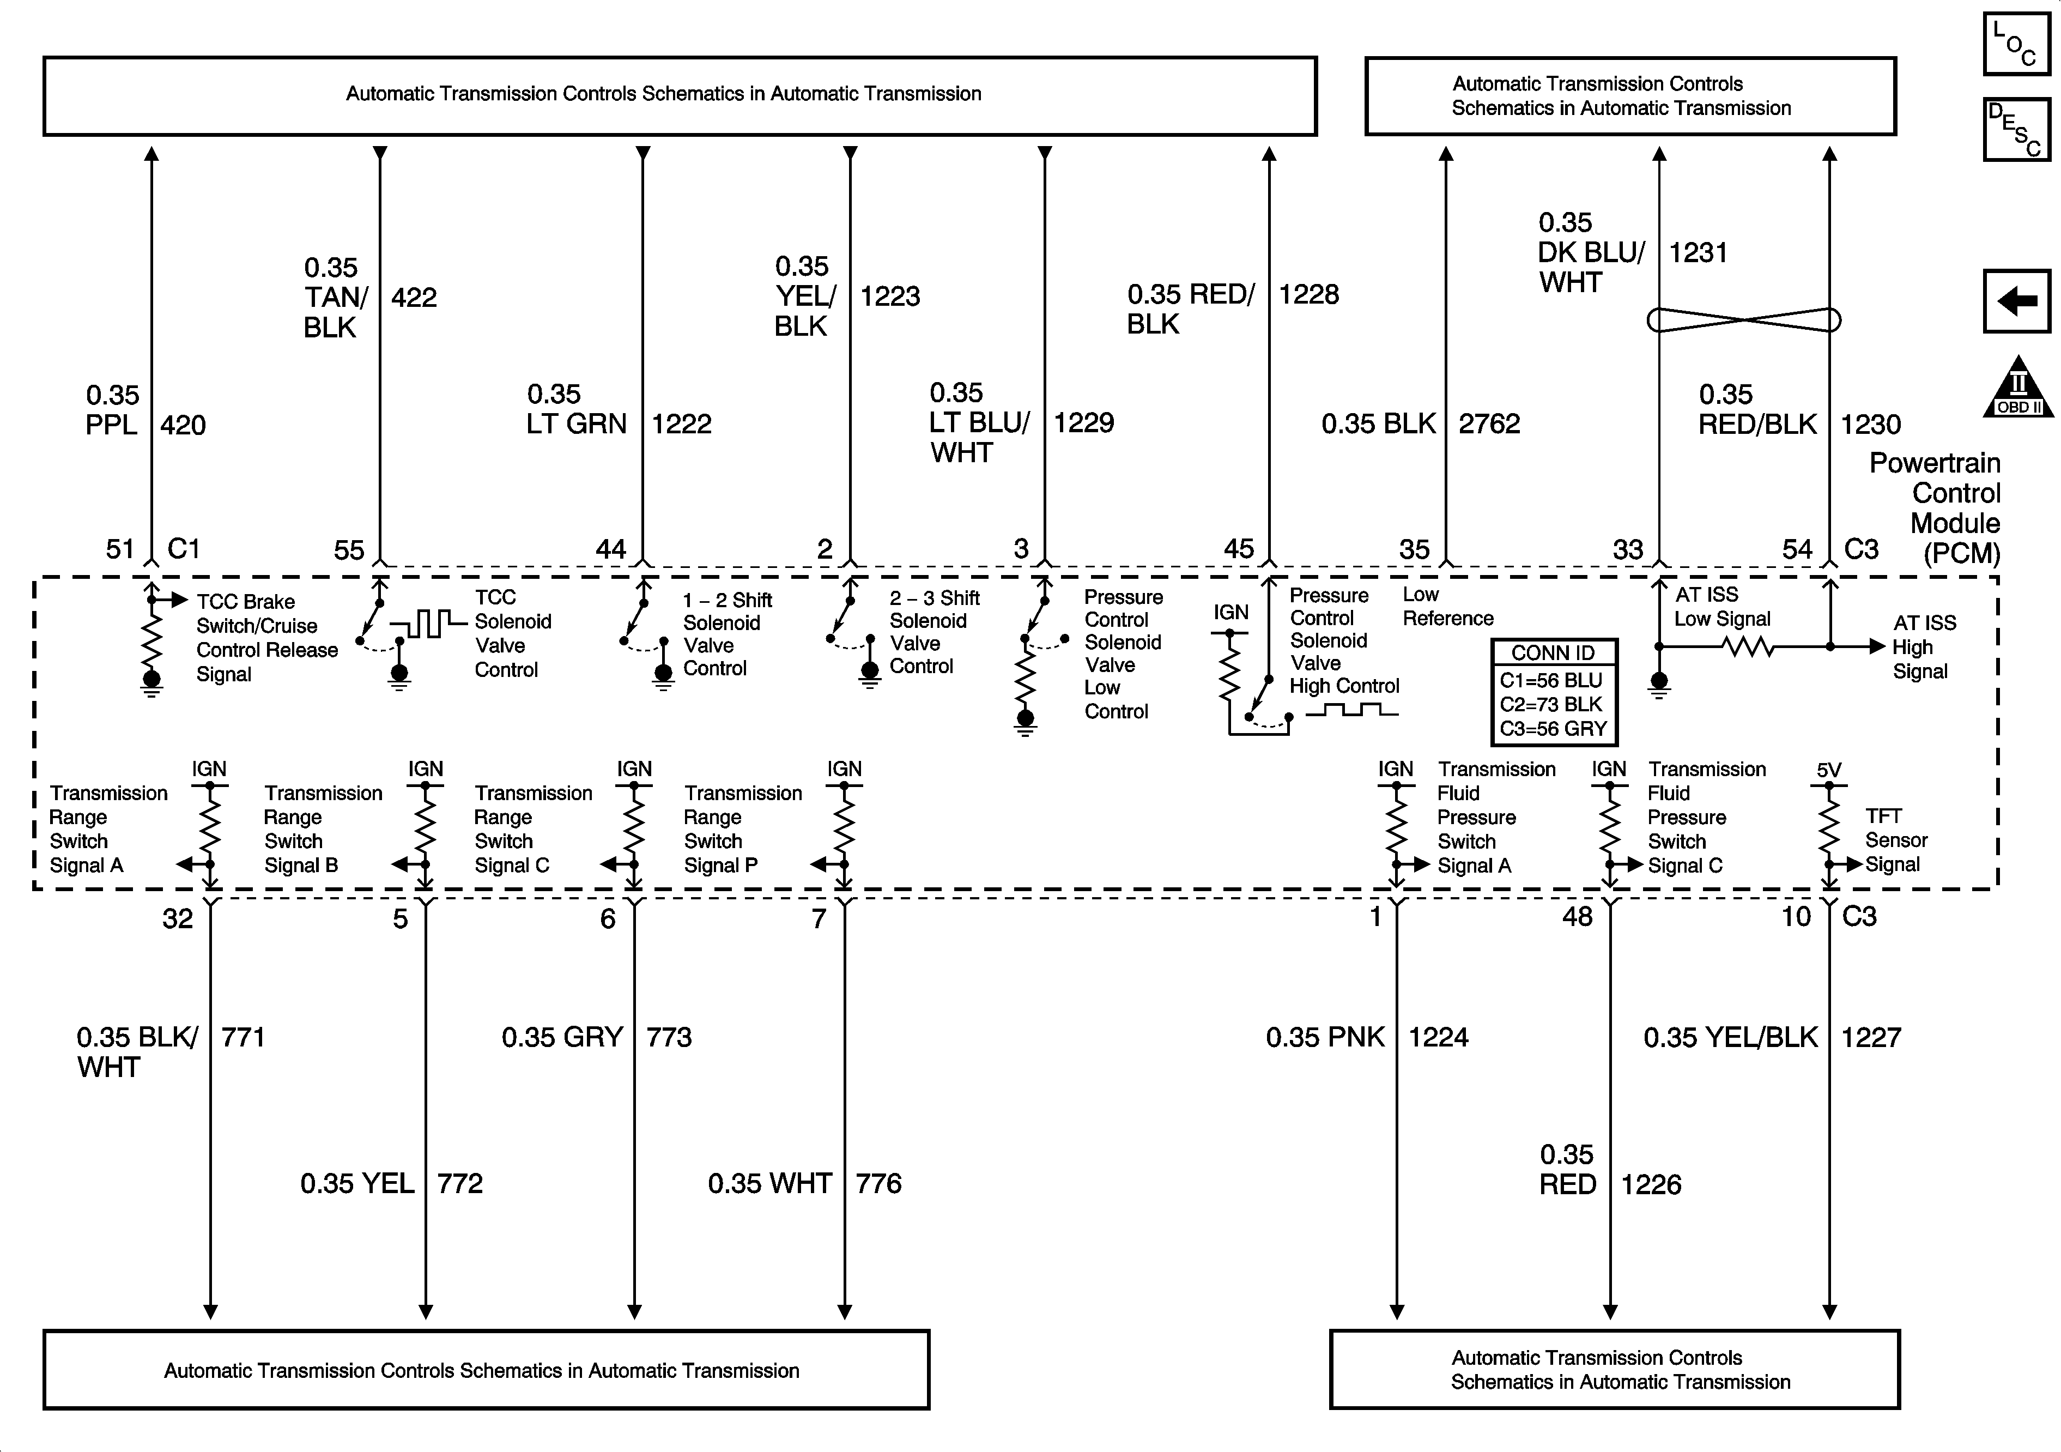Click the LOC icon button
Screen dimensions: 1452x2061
2016,43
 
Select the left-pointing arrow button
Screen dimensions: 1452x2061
2017,301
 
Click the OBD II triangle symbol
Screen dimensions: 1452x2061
2017,389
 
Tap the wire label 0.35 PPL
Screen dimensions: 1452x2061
112,409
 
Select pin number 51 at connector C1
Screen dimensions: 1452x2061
119,549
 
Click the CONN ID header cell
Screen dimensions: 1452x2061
1553,653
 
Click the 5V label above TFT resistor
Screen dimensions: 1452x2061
1828,770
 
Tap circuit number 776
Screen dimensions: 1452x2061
878,1183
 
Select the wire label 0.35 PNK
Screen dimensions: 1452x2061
1325,1037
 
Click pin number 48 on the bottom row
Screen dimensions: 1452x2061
1577,917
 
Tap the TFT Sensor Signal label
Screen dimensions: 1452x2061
1896,840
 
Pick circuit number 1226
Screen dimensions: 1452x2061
1651,1184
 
